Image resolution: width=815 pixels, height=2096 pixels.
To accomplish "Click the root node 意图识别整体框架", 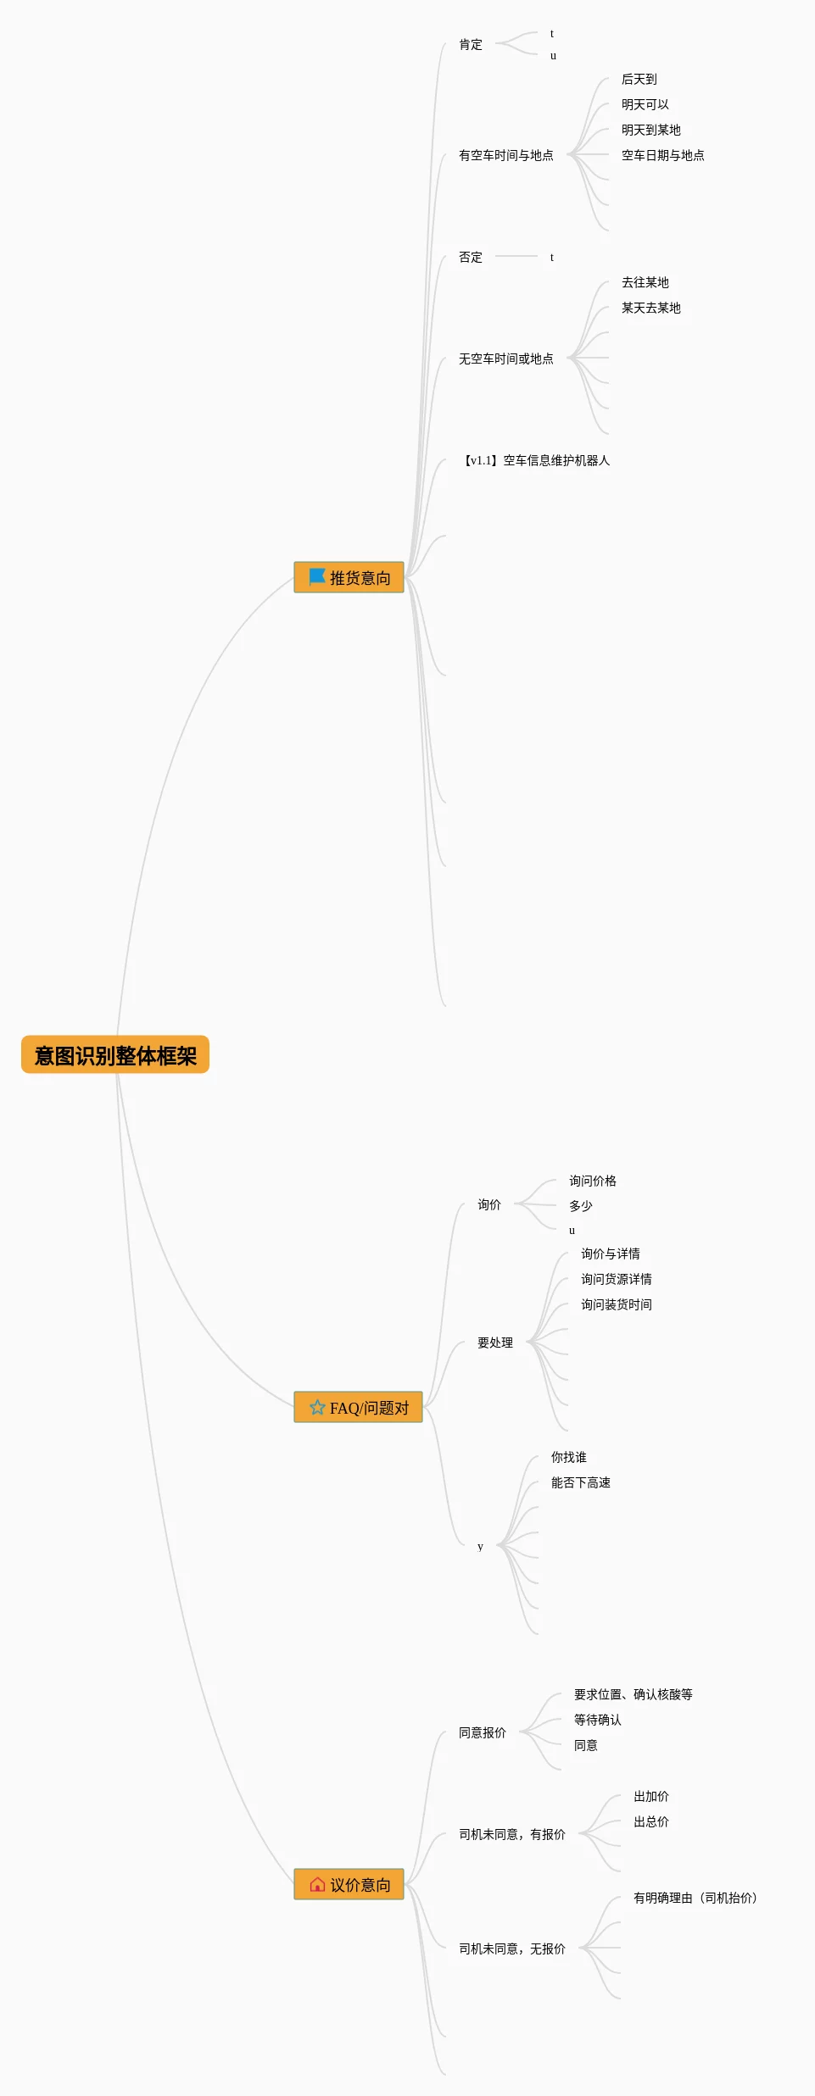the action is click(115, 1055).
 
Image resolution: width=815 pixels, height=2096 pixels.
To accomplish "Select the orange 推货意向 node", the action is click(349, 578).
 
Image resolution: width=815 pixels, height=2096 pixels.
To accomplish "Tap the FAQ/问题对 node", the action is click(358, 1408).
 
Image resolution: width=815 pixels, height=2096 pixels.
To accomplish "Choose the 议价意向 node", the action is click(349, 1885).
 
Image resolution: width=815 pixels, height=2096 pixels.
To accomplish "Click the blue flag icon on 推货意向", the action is click(317, 577).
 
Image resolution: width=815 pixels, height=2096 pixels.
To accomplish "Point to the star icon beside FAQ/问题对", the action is click(317, 1408).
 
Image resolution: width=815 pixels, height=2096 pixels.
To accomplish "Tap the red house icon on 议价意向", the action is click(317, 1885).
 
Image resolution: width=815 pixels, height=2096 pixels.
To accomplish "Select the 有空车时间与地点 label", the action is click(505, 155).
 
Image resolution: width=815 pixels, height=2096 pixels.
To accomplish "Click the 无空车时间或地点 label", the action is click(505, 359).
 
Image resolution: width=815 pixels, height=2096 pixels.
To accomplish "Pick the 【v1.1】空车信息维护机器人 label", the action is click(535, 460).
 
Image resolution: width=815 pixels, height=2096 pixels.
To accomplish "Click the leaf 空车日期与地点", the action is click(662, 155).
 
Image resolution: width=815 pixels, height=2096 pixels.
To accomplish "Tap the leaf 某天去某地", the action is click(650, 308).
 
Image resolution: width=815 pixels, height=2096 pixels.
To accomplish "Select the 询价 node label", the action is click(488, 1204).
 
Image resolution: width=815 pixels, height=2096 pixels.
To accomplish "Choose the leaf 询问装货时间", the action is click(616, 1304).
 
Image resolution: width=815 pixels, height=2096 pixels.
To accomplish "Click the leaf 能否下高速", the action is click(580, 1482).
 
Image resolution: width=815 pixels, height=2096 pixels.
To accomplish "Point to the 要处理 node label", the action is click(494, 1343).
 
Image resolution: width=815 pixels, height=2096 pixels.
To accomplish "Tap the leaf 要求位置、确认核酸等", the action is click(633, 1694).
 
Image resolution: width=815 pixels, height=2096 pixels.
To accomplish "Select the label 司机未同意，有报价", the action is click(511, 1834).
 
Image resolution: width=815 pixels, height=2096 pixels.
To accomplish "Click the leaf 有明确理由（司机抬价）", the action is click(695, 1898).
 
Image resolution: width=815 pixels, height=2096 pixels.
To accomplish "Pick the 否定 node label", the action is click(470, 257).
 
